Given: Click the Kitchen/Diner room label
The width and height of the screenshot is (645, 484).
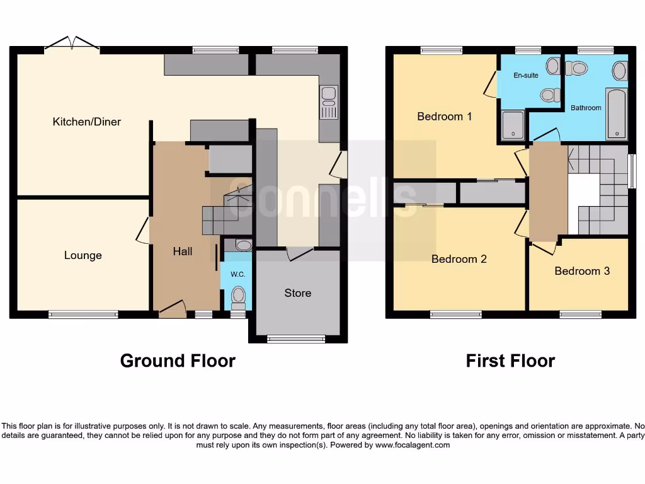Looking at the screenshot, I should (x=86, y=122).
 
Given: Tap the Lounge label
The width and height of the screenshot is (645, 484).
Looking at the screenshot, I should (x=83, y=255).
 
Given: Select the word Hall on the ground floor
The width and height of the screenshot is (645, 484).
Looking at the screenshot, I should (x=183, y=251).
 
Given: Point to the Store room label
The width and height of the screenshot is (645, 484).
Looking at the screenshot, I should (x=297, y=293).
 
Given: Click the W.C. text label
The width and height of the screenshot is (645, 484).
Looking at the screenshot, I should (x=237, y=275).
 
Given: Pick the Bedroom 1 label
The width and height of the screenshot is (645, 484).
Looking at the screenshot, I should (x=444, y=117).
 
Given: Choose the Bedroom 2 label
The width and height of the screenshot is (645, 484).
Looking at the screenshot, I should (x=459, y=259).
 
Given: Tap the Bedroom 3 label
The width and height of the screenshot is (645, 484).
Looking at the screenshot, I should (x=581, y=271).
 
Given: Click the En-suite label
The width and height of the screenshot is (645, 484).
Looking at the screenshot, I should (x=526, y=76).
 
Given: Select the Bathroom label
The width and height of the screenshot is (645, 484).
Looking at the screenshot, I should (x=586, y=108).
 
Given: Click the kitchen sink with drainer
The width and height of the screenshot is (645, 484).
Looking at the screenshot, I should (x=328, y=103).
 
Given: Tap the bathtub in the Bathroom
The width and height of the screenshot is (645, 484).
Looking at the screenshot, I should (x=616, y=114).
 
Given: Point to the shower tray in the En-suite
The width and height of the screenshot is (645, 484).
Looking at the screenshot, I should (x=513, y=125).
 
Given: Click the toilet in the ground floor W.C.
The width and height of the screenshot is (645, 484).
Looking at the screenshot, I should (x=238, y=295).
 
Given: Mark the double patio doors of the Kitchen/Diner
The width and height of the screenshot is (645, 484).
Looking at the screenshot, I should (x=72, y=43).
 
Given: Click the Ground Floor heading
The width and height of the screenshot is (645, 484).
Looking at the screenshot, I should (x=178, y=360).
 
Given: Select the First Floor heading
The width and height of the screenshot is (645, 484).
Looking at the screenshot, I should (x=510, y=360).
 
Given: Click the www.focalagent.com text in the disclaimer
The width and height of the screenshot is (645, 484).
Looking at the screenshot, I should (x=413, y=445).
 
